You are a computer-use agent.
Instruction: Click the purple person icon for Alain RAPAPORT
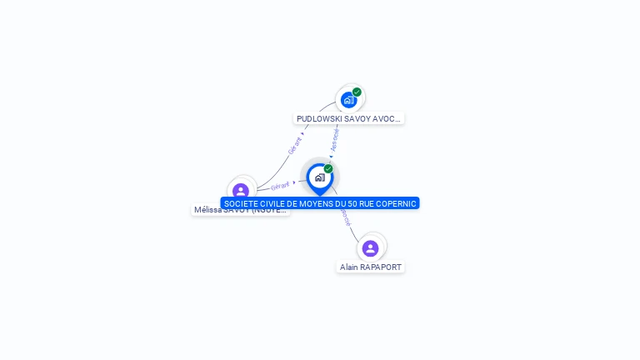click(371, 248)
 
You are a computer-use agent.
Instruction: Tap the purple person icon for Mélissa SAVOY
click(241, 192)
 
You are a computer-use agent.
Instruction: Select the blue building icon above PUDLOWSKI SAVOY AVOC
click(348, 100)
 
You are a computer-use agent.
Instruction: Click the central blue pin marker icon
click(319, 177)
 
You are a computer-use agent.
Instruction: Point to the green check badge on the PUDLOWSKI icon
click(357, 92)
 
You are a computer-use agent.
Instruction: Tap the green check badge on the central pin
click(328, 168)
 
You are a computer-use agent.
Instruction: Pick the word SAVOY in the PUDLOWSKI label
click(358, 119)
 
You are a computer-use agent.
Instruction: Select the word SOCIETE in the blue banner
click(240, 203)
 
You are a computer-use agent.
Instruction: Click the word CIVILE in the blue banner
click(273, 203)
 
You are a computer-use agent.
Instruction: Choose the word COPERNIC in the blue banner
click(397, 203)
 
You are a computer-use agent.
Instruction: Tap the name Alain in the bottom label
click(348, 267)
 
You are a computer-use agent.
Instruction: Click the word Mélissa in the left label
click(209, 210)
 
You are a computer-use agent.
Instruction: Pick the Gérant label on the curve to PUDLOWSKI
click(294, 145)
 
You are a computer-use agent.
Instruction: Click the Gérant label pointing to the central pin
click(280, 186)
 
